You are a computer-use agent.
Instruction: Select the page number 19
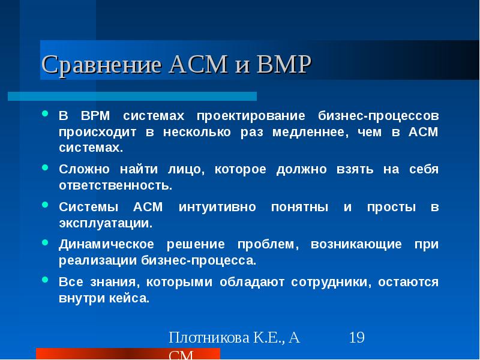[356, 337]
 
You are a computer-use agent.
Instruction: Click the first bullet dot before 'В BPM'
[46, 113]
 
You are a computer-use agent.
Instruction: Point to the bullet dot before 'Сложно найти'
[46, 169]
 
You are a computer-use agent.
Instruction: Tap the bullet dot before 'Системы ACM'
[46, 206]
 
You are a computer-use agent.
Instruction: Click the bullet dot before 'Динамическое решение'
[46, 243]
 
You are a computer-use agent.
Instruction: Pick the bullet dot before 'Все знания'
[46, 280]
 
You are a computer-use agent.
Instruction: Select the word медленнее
[312, 131]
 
